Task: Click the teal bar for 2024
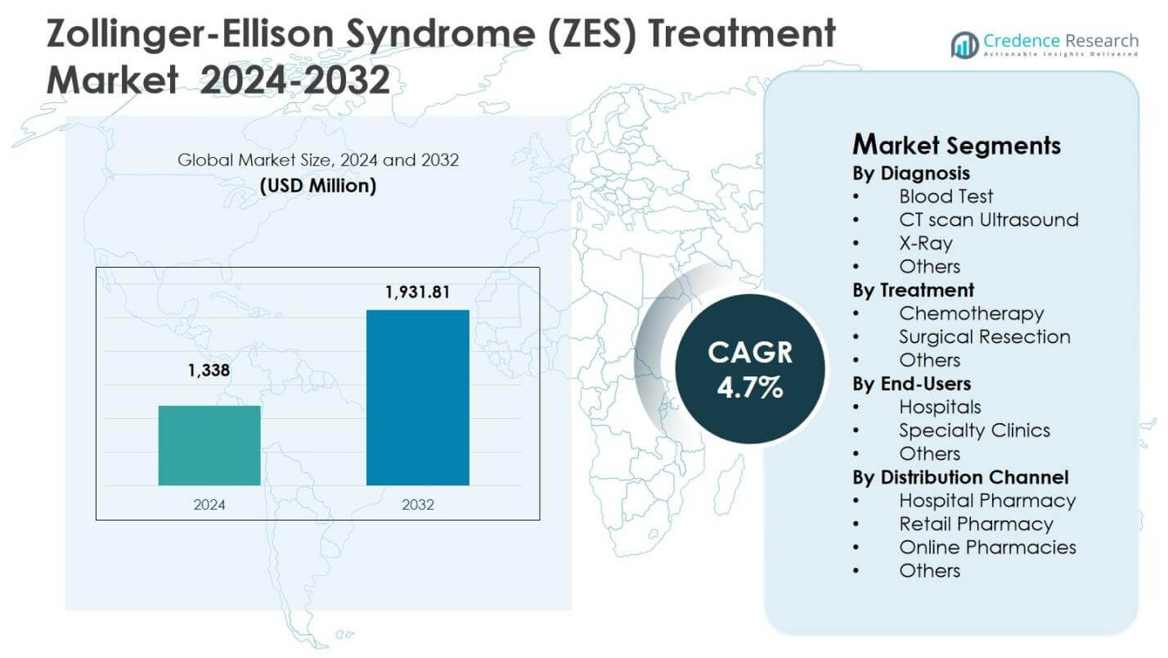209,445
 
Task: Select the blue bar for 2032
417,398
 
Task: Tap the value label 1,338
209,371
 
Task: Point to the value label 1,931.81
417,291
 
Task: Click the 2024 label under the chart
209,505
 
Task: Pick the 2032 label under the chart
418,505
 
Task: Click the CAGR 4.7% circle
749,368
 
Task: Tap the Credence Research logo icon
965,45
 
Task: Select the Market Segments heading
956,145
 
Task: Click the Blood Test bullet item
946,196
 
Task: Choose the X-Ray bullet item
925,243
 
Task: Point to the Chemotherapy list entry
971,313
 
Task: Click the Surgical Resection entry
984,336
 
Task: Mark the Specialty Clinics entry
974,430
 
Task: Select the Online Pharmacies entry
987,548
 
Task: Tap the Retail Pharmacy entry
976,524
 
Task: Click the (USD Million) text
318,186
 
